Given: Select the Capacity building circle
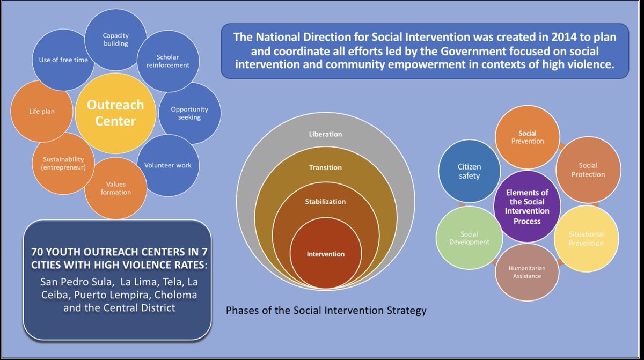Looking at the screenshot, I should (116, 40).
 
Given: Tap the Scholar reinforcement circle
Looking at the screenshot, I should (165, 61).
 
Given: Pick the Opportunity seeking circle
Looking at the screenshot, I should (189, 113).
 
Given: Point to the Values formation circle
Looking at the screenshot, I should (115, 188).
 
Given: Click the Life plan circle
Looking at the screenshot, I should (42, 112).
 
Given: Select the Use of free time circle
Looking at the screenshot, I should (64, 60).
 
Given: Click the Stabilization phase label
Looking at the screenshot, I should (326, 202).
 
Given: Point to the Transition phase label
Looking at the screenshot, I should (325, 167).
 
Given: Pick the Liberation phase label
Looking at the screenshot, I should (325, 134).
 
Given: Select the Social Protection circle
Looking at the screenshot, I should (588, 170).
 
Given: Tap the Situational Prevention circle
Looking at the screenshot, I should (586, 238).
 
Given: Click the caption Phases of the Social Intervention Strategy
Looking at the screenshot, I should (326, 311).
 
